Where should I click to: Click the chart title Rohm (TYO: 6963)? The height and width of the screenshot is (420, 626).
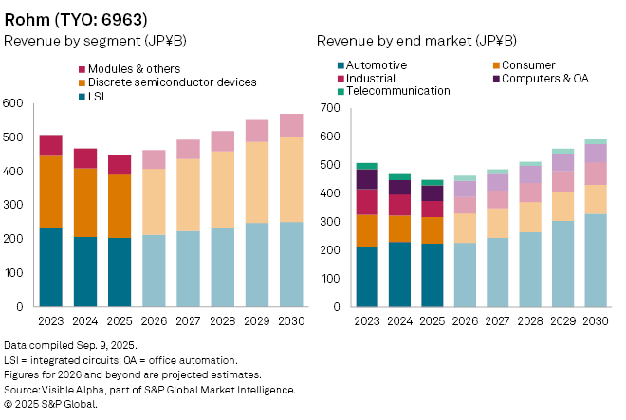tap(76, 18)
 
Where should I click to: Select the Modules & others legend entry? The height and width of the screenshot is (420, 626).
tap(133, 69)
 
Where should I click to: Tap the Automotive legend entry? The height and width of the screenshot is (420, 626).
tap(377, 64)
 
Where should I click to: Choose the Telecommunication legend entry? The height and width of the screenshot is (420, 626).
tap(398, 91)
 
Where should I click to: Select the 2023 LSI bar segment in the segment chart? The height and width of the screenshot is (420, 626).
tap(50, 267)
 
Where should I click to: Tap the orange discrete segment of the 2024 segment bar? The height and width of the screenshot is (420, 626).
tap(86, 202)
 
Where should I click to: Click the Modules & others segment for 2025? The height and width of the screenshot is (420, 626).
tap(120, 165)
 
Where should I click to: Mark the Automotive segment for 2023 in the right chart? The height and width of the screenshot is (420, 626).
tap(367, 277)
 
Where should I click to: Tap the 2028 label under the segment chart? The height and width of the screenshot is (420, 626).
tap(223, 321)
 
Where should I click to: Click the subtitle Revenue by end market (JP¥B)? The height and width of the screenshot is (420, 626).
tap(416, 41)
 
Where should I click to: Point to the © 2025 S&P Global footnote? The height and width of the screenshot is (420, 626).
tap(51, 404)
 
